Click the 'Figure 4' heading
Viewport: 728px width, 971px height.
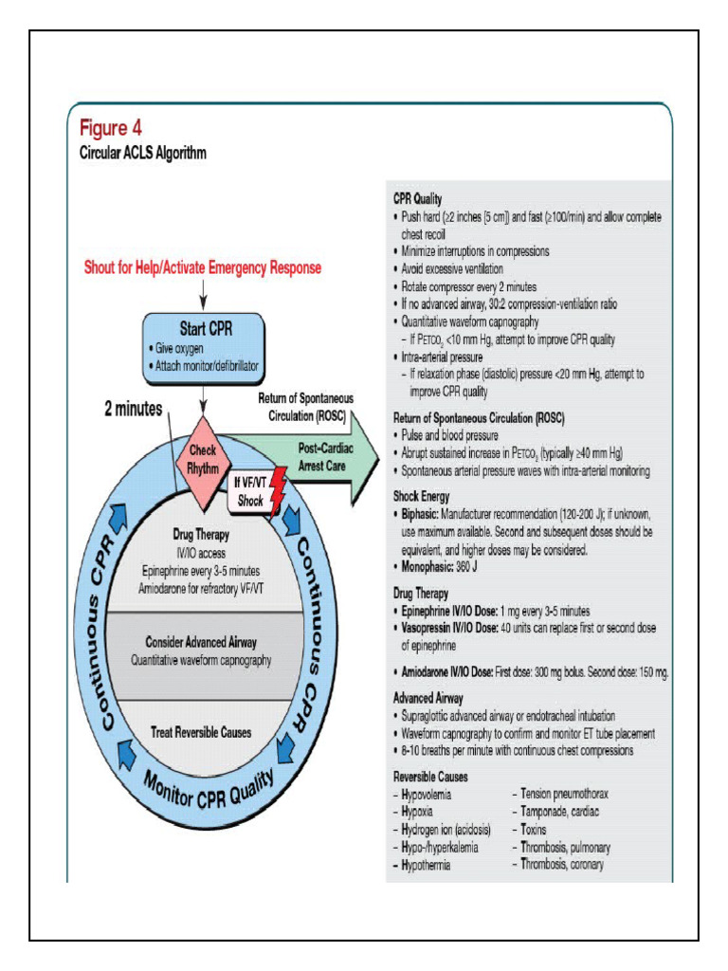coord(111,127)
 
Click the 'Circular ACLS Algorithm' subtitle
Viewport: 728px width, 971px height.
coord(141,152)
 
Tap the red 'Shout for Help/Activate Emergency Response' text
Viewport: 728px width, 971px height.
coord(203,268)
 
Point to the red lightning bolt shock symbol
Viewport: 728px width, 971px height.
coord(277,491)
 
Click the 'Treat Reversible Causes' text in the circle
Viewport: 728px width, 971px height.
coord(201,731)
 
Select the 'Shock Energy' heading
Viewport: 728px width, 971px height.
coord(422,496)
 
